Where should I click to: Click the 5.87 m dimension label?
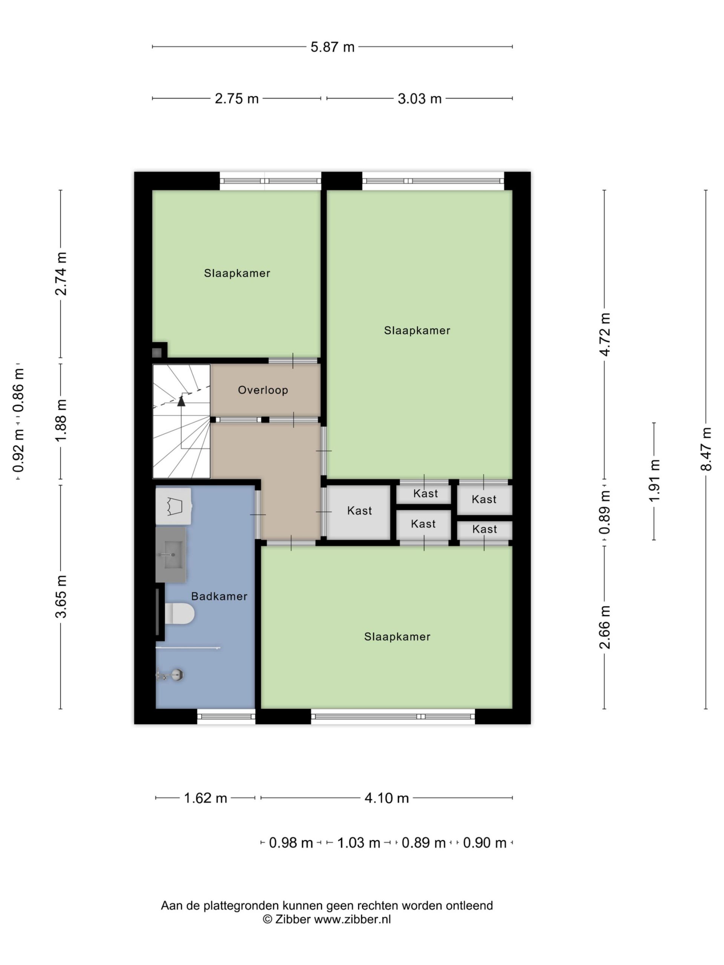pos(332,47)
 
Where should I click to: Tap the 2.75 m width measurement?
pos(236,99)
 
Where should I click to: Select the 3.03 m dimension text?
pos(419,99)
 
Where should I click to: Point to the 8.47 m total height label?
pos(706,449)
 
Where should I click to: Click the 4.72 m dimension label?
pos(604,334)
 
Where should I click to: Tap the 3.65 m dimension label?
pos(61,596)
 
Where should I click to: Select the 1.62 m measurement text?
pos(205,798)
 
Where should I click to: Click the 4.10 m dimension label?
pos(387,798)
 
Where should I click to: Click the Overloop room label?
pos(263,390)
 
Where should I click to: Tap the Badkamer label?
pos(219,596)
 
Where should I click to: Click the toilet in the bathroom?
pos(179,613)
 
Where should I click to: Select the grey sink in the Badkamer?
pos(171,554)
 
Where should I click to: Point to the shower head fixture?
pos(170,675)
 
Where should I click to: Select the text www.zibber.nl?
pos(352,919)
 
